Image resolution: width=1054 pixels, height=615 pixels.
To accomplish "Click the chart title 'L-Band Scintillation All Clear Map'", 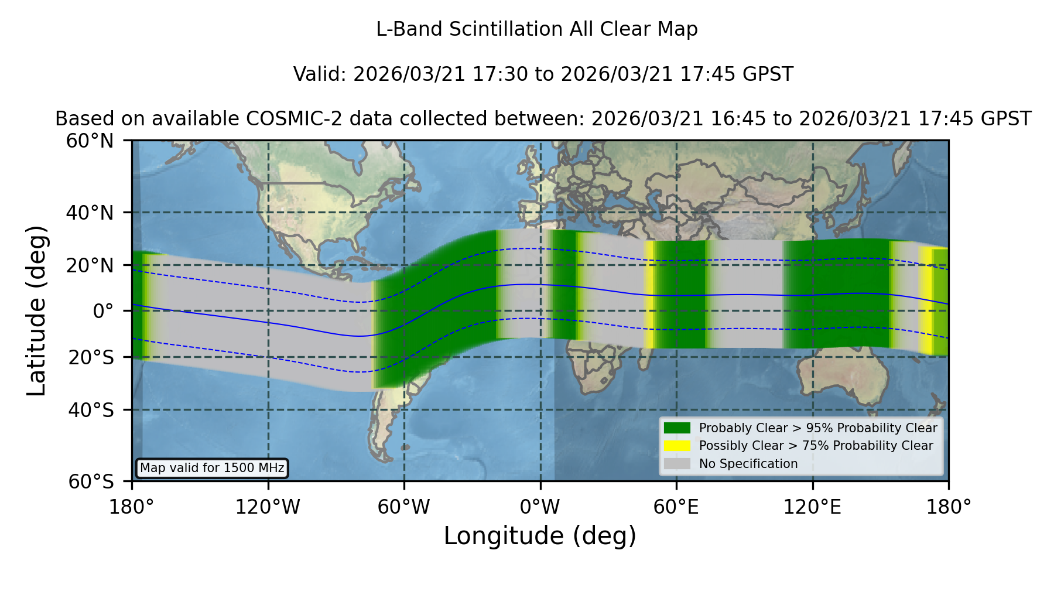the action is tap(537, 29).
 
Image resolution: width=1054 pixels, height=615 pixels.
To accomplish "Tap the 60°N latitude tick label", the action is tap(90, 141).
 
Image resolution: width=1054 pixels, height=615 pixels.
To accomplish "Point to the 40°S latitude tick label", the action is tap(91, 410).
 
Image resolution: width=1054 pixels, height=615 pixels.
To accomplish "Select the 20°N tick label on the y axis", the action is tap(90, 265).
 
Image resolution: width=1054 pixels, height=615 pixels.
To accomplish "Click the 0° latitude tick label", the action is tap(103, 311).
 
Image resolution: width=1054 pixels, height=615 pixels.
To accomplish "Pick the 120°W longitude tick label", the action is tap(268, 507).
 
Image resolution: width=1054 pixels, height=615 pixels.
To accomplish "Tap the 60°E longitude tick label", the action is tap(676, 507).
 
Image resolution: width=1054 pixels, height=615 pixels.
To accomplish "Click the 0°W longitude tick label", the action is tap(540, 507).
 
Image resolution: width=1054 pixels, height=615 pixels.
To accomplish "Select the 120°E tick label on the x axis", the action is tap(813, 507).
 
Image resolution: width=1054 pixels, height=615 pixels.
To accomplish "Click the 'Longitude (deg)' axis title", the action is tap(540, 536).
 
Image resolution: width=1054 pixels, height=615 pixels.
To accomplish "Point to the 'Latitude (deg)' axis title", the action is tap(36, 310).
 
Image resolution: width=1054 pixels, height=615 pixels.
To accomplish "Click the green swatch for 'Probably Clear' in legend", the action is tap(677, 428).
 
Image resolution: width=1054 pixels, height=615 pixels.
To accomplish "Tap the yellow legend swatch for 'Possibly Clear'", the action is tap(677, 446).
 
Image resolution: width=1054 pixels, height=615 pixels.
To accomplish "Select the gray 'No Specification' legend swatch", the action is tap(677, 464).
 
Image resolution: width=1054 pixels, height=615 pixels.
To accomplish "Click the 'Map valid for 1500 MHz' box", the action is tap(212, 468).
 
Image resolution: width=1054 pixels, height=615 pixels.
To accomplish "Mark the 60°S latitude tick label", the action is tap(91, 481).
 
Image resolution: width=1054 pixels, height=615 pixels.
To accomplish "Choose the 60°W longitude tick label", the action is tap(404, 507).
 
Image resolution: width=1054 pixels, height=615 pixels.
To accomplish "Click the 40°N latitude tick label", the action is tap(90, 213).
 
